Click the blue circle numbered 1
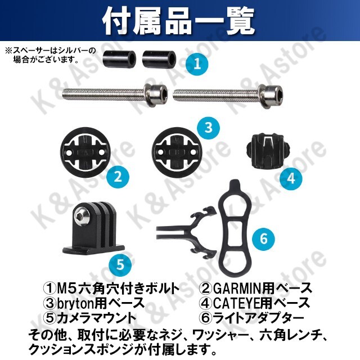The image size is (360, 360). point(197,64)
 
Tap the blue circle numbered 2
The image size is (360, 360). point(118,177)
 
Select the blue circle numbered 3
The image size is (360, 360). point(208,127)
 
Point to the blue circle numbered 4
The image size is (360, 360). point(291,178)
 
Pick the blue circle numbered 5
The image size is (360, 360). point(120,264)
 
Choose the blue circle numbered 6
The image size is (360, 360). point(264,238)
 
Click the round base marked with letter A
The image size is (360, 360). point(85,153)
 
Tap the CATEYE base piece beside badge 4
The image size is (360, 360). point(267,150)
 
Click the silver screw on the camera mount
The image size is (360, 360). point(82,214)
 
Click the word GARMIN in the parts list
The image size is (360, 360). point(237,289)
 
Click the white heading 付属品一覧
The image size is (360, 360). point(178,21)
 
